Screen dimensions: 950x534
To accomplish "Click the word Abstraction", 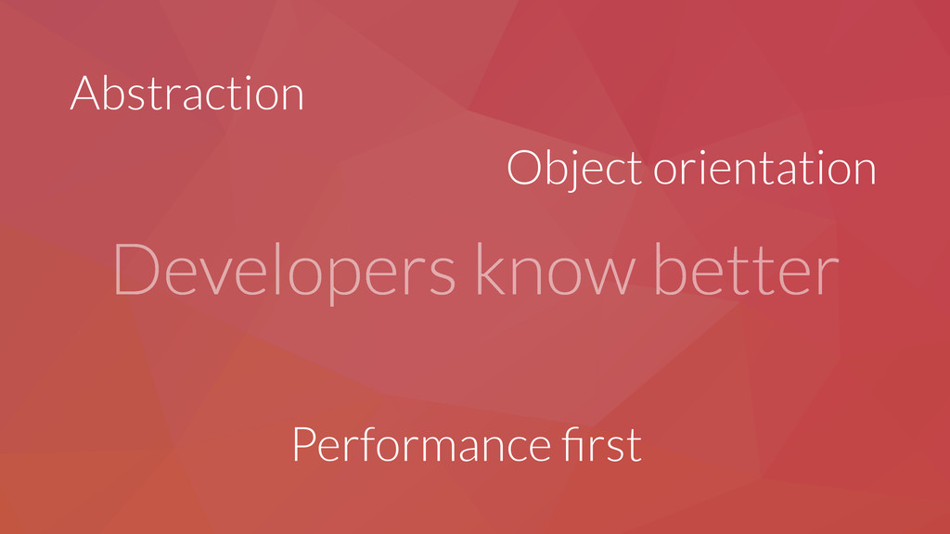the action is click(186, 94).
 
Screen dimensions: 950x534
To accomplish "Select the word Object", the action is click(573, 170).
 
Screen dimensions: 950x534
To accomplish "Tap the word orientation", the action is click(764, 168).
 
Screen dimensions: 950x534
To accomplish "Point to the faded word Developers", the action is click(284, 271).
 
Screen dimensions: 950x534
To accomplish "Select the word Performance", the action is click(420, 445).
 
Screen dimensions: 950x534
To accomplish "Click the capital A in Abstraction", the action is click(84, 94).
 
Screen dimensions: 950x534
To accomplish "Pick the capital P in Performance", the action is click(303, 445).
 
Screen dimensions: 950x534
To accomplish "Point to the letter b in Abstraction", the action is click(116, 94).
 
